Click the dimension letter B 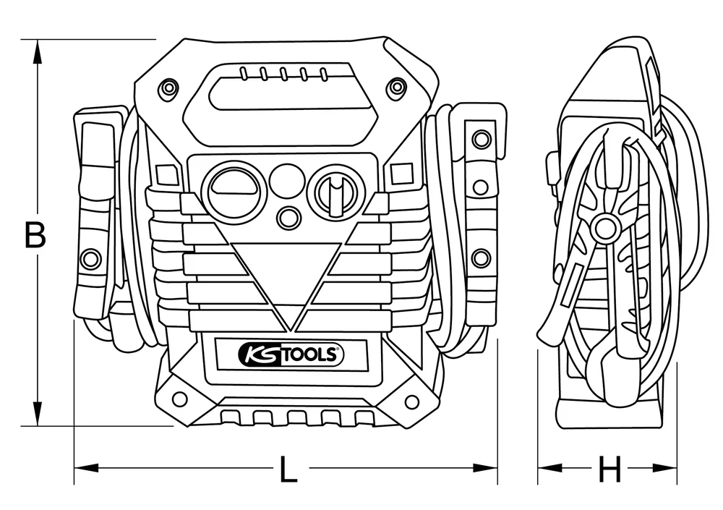[35, 235]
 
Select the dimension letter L [288, 471]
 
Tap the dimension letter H [610, 471]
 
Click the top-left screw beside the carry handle [168, 88]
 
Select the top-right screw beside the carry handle [396, 88]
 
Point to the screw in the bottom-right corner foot [411, 401]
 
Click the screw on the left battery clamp [90, 258]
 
